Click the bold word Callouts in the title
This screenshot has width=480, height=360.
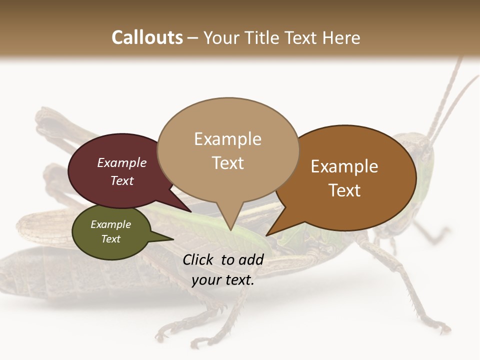coord(147,37)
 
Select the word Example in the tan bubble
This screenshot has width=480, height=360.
coord(228,139)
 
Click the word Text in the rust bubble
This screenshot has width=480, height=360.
coord(344,190)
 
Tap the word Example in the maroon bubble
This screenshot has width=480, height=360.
coord(122,162)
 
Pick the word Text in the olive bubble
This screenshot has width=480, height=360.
coord(111,239)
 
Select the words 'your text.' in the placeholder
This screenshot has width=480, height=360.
coord(223,280)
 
